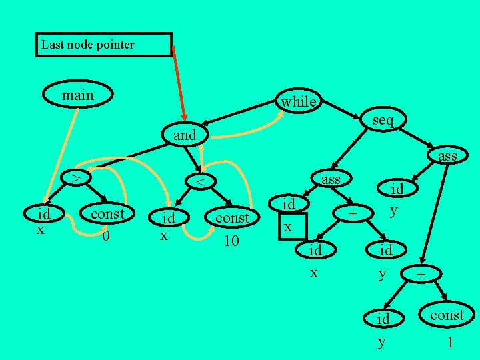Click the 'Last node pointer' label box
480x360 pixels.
coord(103,45)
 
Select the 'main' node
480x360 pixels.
coord(77,96)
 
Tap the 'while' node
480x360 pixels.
coord(298,101)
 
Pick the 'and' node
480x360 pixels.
coord(185,135)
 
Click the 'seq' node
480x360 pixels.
coord(383,120)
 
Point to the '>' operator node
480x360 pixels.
coord(77,178)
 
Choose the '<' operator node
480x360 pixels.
coord(199,181)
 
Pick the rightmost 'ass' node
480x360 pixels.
coord(447,156)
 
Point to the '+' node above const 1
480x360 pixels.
coord(420,274)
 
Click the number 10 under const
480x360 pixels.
coord(231,240)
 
